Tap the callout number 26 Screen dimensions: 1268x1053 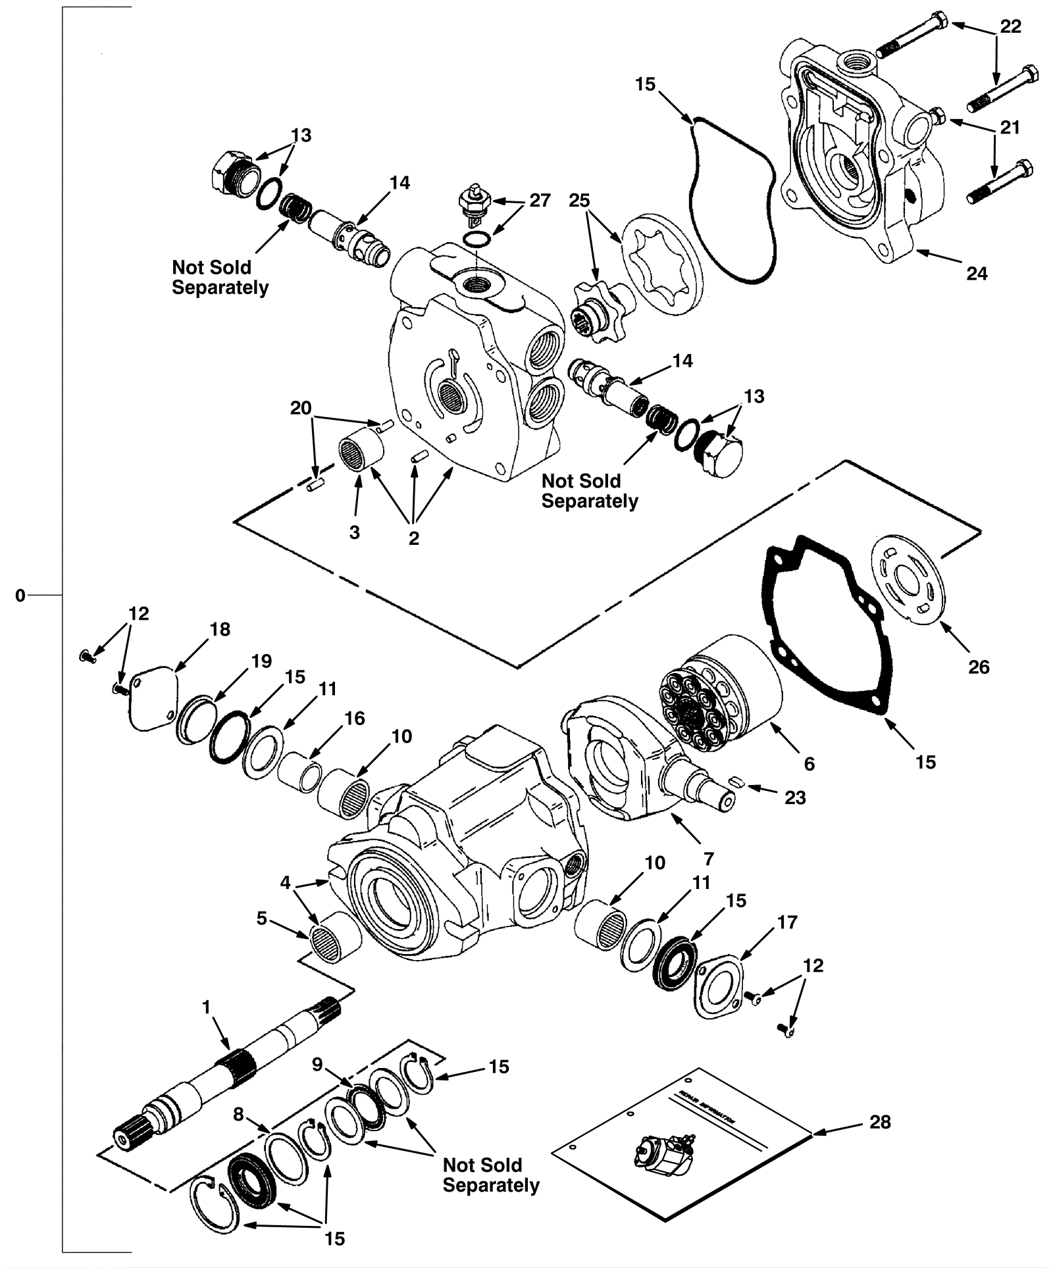979,667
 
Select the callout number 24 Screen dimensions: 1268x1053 977,274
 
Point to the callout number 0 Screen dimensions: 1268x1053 20,596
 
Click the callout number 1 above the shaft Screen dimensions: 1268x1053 206,1007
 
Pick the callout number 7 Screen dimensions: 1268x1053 708,859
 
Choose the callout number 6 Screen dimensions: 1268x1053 809,764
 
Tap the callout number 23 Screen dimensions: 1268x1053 795,798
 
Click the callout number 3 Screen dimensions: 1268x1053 355,532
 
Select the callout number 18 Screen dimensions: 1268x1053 220,630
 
